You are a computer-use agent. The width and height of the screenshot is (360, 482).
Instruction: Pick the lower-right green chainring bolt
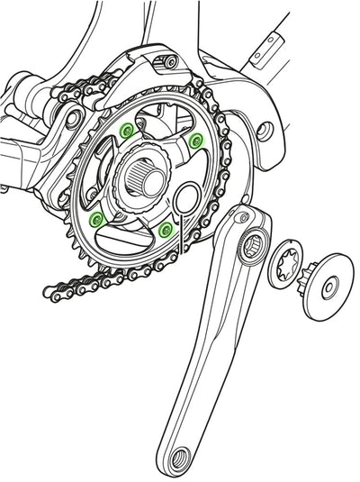tap(165, 230)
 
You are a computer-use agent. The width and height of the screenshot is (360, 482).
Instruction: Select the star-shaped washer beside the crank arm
tap(288, 265)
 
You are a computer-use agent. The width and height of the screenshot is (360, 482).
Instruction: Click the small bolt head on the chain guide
tap(166, 62)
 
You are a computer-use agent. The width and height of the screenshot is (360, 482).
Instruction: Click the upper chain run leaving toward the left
tap(72, 96)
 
